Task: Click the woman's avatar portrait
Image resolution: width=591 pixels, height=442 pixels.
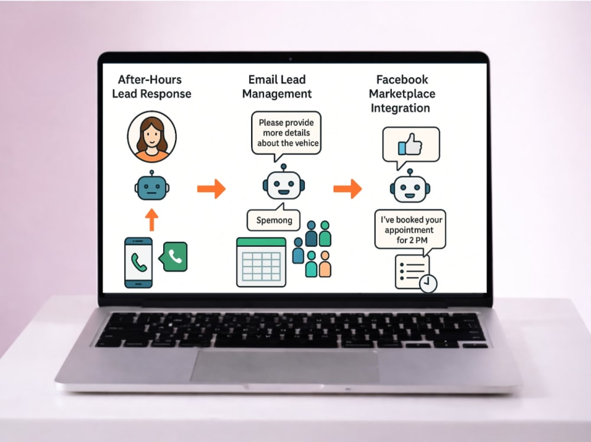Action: [151, 136]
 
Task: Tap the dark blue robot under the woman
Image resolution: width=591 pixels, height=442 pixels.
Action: [151, 186]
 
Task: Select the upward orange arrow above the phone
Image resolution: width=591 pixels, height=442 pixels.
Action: [151, 220]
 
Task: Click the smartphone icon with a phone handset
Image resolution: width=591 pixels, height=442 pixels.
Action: [138, 263]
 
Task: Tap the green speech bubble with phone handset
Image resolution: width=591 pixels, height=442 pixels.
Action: [173, 256]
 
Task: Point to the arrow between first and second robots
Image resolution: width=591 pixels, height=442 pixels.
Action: [212, 189]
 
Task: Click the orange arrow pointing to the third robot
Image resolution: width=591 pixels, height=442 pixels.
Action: [348, 189]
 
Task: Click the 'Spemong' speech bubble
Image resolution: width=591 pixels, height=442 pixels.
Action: [274, 218]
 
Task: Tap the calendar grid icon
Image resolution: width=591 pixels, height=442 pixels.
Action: [261, 262]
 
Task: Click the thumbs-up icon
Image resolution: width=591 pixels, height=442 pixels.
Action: [410, 144]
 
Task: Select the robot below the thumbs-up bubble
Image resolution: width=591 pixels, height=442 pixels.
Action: [410, 186]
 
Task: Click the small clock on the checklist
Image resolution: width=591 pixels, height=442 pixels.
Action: [428, 283]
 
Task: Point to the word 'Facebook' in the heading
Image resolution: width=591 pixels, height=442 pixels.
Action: [402, 80]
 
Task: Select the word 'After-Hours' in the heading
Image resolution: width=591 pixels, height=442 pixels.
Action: [150, 80]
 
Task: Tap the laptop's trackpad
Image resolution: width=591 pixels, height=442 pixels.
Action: [285, 366]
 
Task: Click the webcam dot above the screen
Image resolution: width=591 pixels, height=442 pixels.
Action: [290, 59]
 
